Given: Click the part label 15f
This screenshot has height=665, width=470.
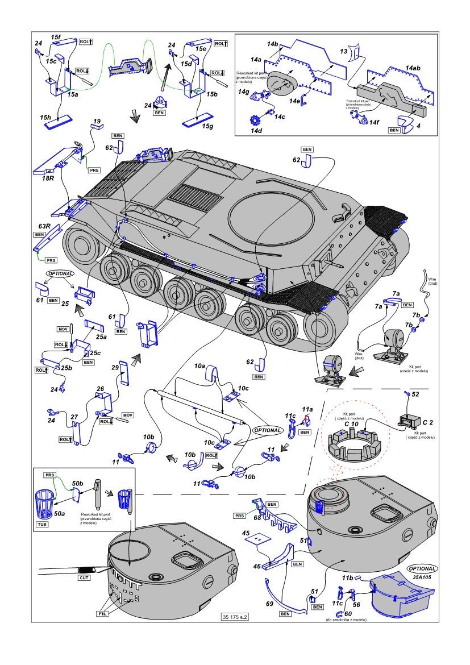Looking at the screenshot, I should (56, 38).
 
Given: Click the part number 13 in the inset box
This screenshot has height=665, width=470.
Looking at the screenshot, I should (343, 51).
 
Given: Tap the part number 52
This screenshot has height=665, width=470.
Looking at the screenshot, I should (415, 393).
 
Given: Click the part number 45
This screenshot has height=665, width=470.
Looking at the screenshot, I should (246, 533).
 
